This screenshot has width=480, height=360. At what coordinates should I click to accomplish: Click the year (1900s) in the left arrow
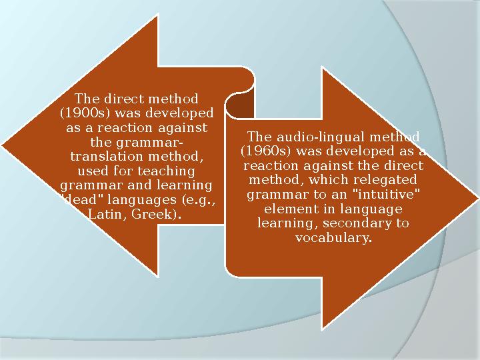tap(79, 113)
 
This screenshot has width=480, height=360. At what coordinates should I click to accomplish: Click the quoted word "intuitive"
tap(389, 195)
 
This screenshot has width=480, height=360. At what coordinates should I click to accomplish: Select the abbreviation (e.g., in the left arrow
tap(200, 200)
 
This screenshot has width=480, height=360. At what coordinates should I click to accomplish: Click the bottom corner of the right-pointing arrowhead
tap(323, 328)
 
